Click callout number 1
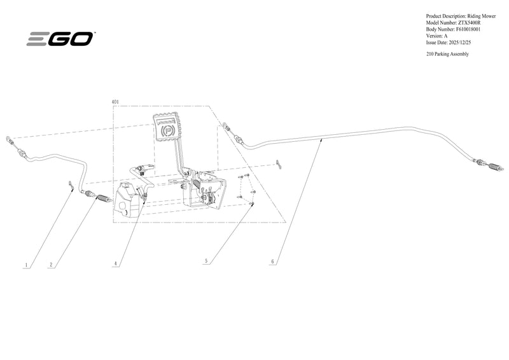[x=27, y=265]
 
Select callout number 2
[x=51, y=265]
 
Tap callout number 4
[x=115, y=263]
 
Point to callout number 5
[x=206, y=261]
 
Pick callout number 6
[x=273, y=261]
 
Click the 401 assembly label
[x=115, y=102]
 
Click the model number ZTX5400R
[x=469, y=23]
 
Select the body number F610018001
[x=468, y=29]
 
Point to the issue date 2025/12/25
[x=459, y=42]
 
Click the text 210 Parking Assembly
[x=447, y=54]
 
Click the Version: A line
[x=436, y=36]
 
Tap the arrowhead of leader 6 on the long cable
[x=321, y=140]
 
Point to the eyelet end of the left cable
[x=8, y=139]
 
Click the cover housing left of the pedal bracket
[x=127, y=200]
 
